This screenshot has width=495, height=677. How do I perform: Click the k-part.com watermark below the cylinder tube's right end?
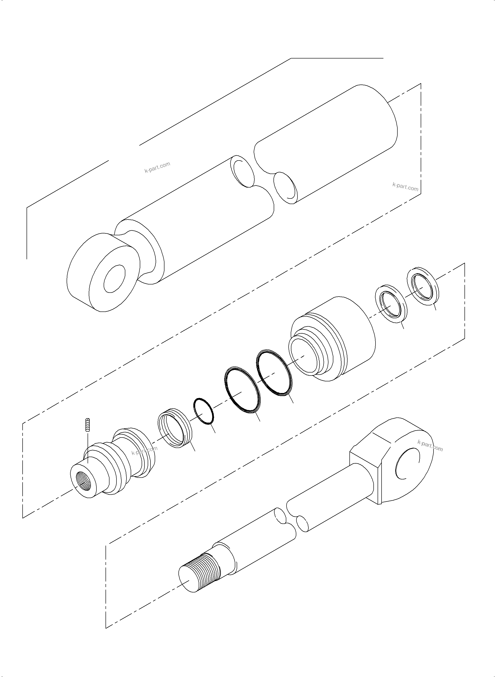(x=405, y=186)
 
